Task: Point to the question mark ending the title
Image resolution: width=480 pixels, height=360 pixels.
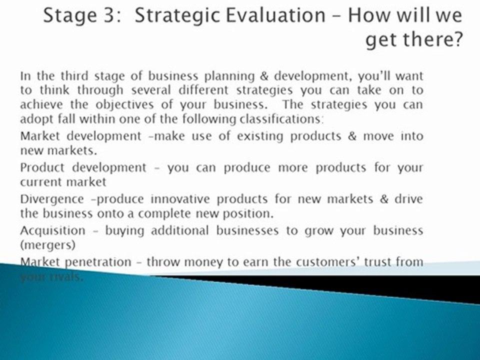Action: point(455,40)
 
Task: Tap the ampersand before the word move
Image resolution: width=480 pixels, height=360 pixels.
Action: point(352,136)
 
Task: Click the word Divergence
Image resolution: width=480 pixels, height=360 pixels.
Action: point(52,199)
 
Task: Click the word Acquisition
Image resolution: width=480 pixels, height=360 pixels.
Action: point(53,230)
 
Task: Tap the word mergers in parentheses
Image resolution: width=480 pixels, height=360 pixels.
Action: point(47,245)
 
